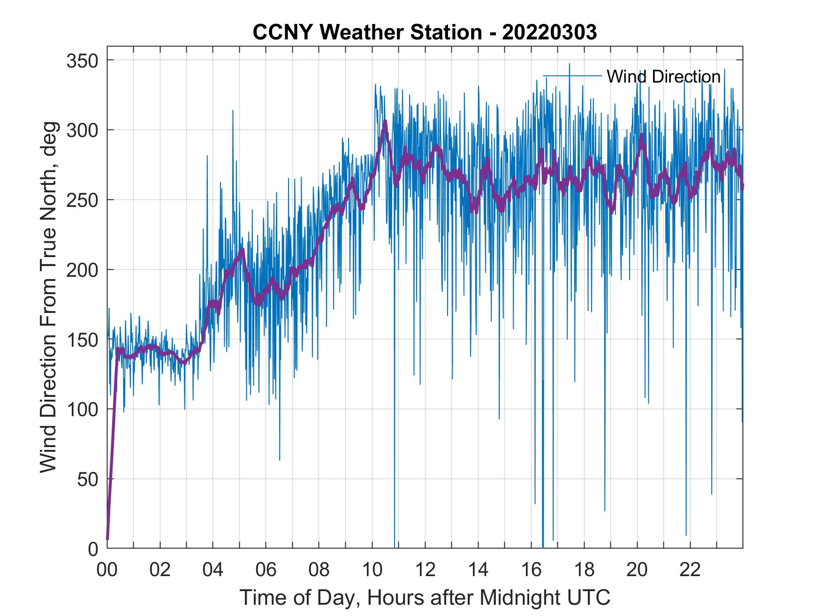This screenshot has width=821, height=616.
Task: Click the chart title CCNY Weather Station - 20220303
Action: coord(425,32)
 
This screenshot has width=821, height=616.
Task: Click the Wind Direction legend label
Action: coord(663,76)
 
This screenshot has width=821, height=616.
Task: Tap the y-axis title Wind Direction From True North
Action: coord(48,297)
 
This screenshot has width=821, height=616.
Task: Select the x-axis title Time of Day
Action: coord(425,598)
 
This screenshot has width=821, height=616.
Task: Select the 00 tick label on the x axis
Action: coord(107,570)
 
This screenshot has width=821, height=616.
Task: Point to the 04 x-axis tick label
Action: coord(213,570)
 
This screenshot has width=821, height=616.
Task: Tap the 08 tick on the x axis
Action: coord(319,570)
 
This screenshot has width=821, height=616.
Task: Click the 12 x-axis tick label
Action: coord(425,570)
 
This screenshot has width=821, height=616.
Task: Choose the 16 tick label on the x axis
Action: coord(531,570)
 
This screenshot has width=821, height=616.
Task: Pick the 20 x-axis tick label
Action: coord(637,570)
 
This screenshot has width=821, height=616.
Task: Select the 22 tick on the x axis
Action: coord(690,570)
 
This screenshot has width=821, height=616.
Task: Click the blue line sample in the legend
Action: coord(572,76)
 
